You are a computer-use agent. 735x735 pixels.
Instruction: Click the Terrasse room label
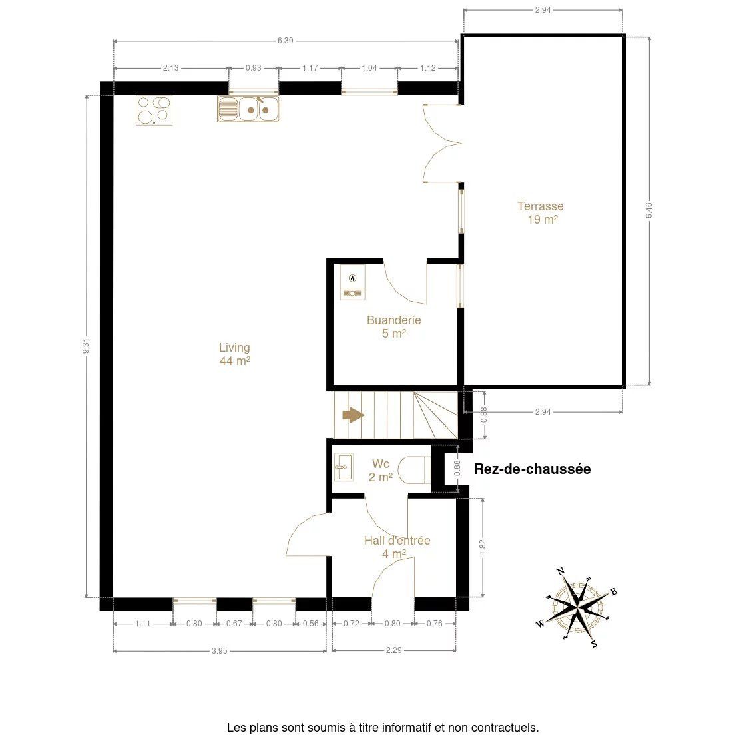[x=541, y=213]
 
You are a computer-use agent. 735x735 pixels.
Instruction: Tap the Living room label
[x=234, y=354]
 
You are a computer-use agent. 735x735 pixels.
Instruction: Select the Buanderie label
[x=393, y=327]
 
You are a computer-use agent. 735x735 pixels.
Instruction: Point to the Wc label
[x=380, y=470]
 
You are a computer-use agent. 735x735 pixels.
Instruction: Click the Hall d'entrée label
[x=397, y=547]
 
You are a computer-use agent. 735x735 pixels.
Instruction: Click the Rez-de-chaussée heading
[x=533, y=469]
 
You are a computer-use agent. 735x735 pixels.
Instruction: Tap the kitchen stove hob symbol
[x=154, y=110]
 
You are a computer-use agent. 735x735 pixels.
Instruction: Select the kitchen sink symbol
[x=248, y=109]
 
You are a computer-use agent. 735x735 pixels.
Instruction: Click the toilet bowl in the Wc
[x=414, y=469]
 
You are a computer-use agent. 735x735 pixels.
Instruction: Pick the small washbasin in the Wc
[x=344, y=467]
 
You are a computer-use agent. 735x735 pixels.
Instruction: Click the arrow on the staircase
[x=354, y=415]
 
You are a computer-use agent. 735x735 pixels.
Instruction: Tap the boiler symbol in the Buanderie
[x=352, y=282]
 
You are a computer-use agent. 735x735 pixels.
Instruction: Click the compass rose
[x=577, y=608]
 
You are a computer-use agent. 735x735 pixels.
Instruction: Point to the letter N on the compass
[x=560, y=571]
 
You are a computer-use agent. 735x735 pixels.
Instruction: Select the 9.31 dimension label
[x=86, y=346]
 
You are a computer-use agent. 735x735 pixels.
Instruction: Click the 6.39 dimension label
[x=285, y=41]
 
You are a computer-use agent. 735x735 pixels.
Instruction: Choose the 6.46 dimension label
[x=649, y=210]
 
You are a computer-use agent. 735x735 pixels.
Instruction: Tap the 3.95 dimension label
[x=220, y=650]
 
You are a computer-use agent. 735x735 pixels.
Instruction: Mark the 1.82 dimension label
[x=483, y=547]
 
